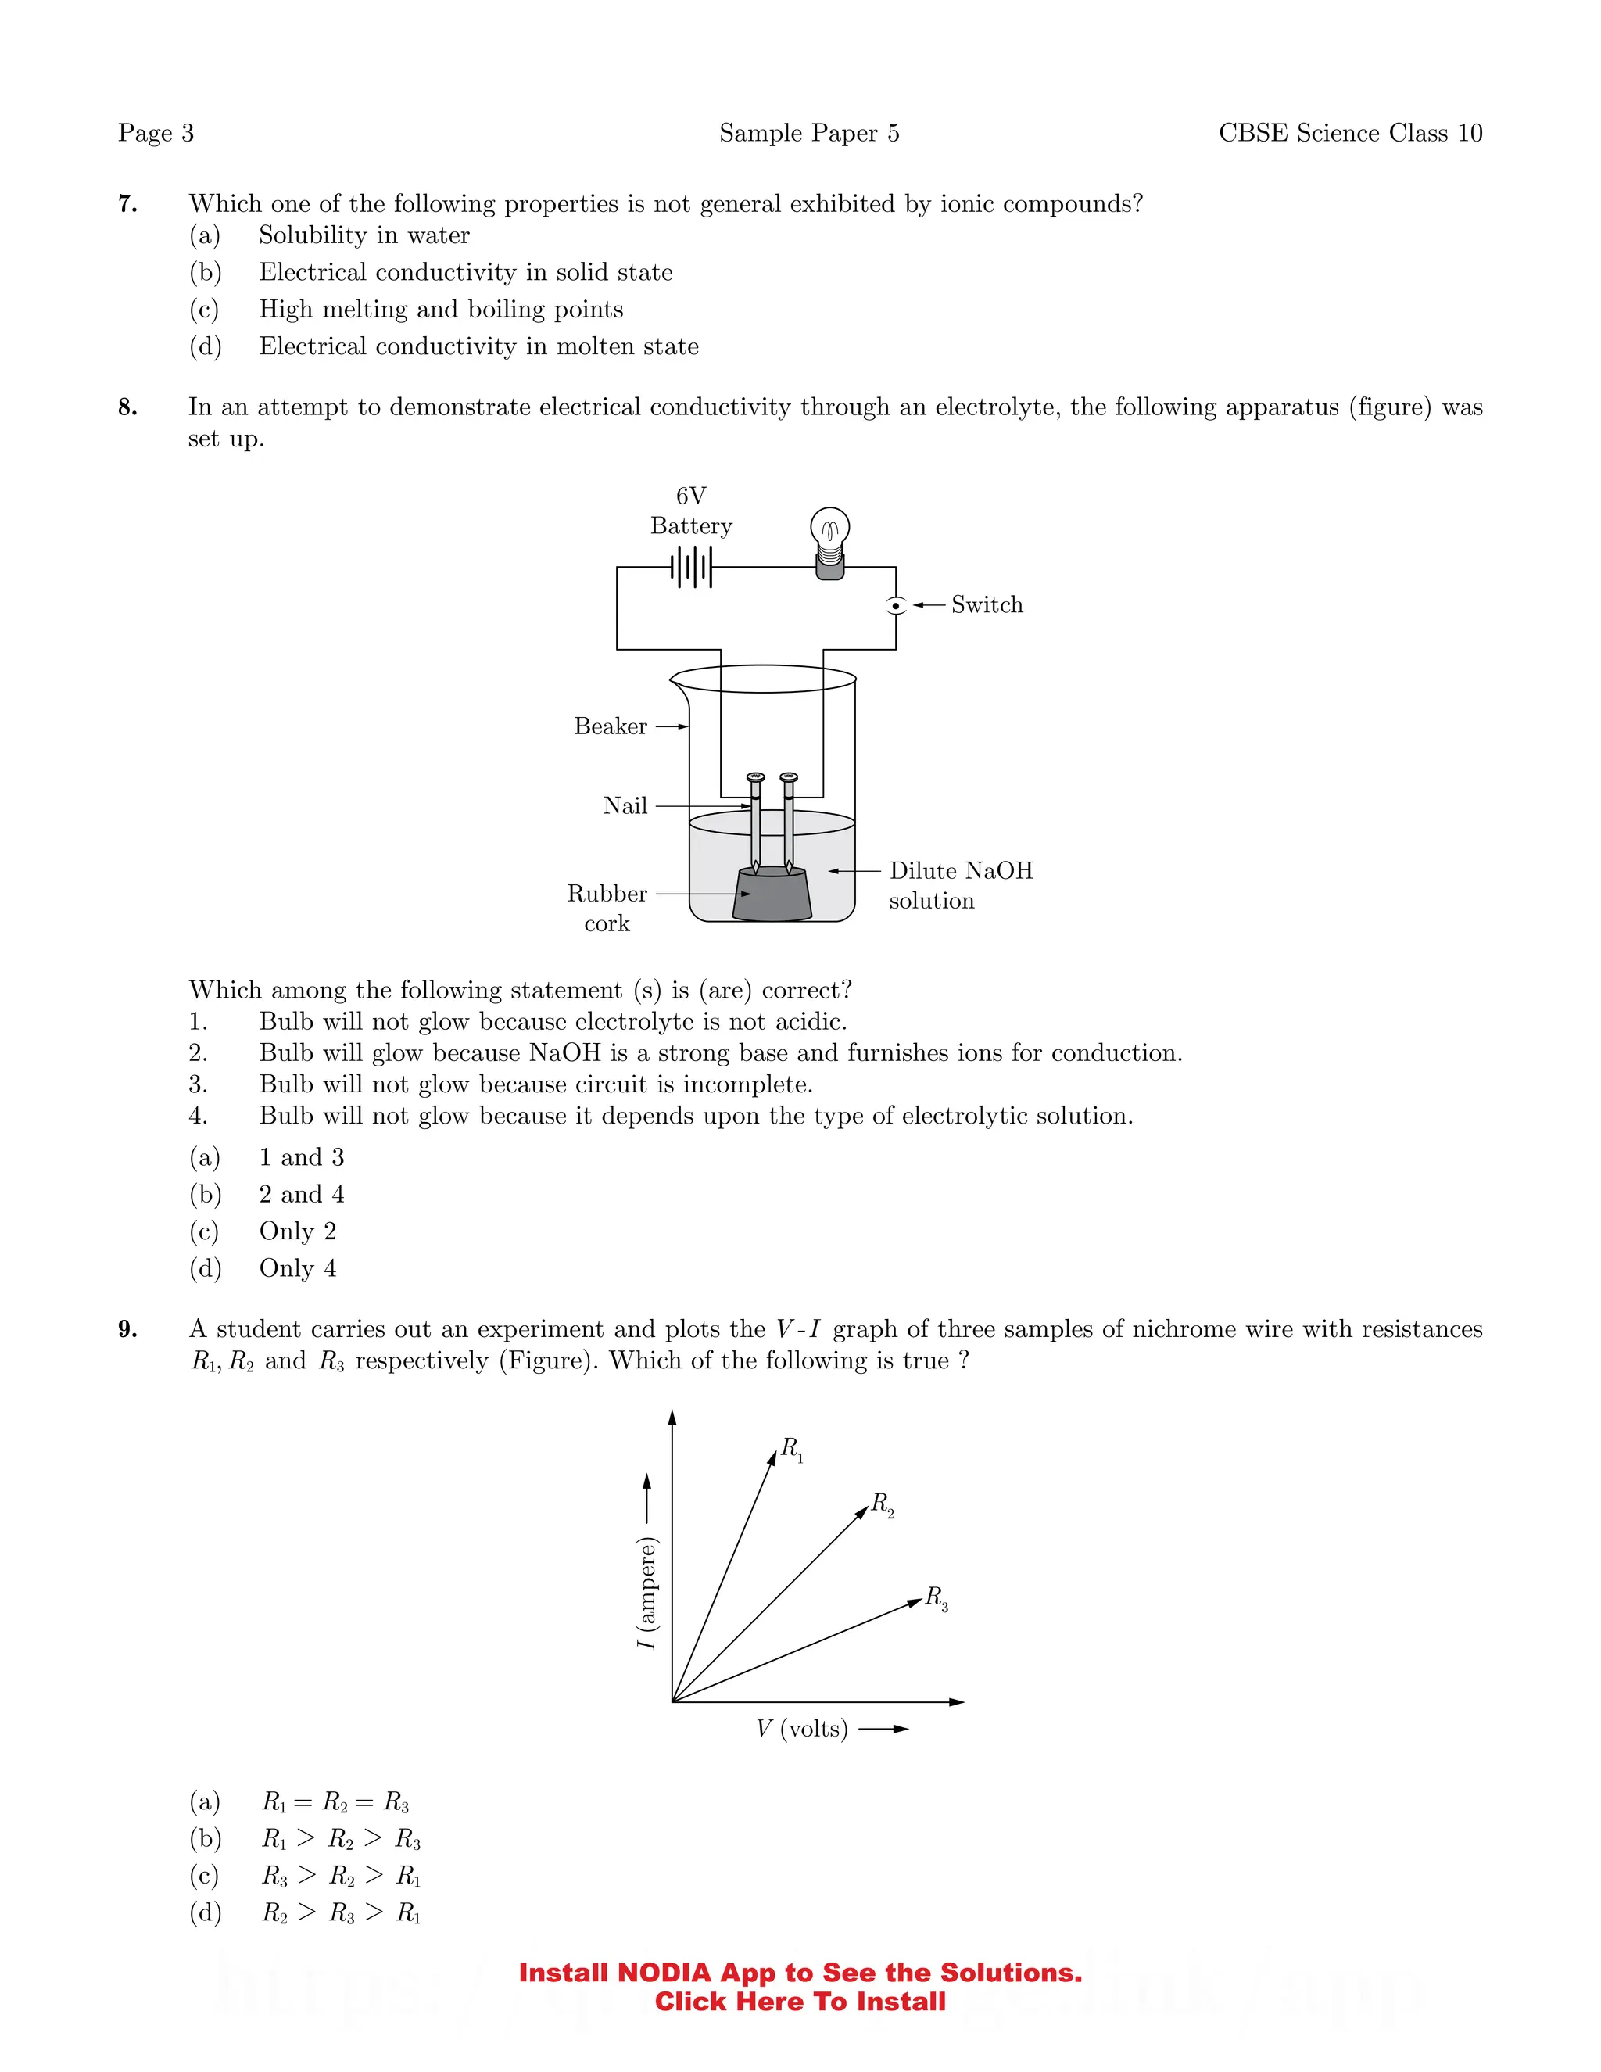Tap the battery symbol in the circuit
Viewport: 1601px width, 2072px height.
690,568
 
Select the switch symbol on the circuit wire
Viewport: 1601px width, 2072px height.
895,605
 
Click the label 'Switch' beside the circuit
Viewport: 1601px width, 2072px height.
987,605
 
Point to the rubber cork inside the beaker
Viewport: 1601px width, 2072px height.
772,894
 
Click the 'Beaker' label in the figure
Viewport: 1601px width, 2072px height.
610,726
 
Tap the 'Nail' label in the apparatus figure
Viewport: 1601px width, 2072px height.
625,806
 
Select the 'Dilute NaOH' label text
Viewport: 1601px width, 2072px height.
961,871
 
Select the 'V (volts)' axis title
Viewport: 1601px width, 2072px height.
801,1729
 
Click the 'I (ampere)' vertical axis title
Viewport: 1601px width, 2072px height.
646,1593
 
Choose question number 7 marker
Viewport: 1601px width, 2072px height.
128,204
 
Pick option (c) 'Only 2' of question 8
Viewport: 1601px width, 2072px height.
297,1231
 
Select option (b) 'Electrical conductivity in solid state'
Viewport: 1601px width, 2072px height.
465,272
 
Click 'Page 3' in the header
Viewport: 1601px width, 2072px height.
156,133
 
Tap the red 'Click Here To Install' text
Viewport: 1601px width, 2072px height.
800,2002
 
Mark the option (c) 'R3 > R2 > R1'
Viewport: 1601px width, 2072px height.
341,1876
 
